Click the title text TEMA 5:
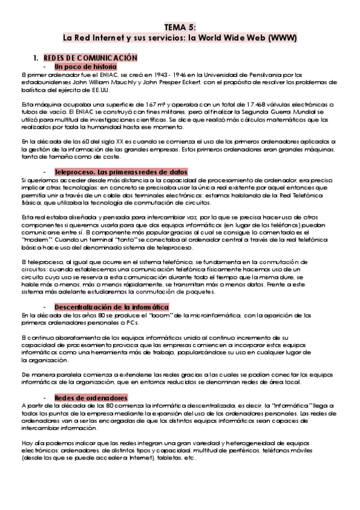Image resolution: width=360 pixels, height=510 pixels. pos(180,28)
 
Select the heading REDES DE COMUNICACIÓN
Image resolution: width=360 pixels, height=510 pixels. pos(90,57)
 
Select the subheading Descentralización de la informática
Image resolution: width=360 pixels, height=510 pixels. pos(111,306)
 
